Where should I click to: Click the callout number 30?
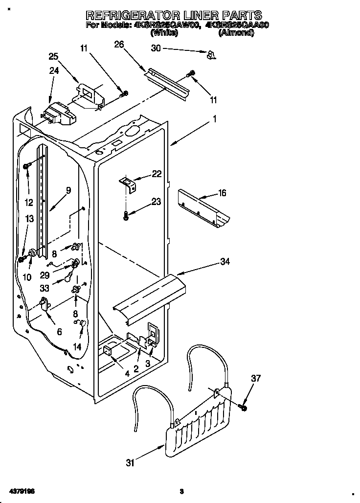(156, 48)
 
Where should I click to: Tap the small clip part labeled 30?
(211, 55)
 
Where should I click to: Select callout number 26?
(119, 45)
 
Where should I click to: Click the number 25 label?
(53, 57)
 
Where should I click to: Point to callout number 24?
(53, 70)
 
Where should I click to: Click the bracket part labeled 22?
(128, 183)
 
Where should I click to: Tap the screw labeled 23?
(126, 215)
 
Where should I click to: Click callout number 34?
(225, 262)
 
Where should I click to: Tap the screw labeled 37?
(244, 407)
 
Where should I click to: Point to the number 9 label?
(68, 190)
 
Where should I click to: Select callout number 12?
(29, 202)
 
